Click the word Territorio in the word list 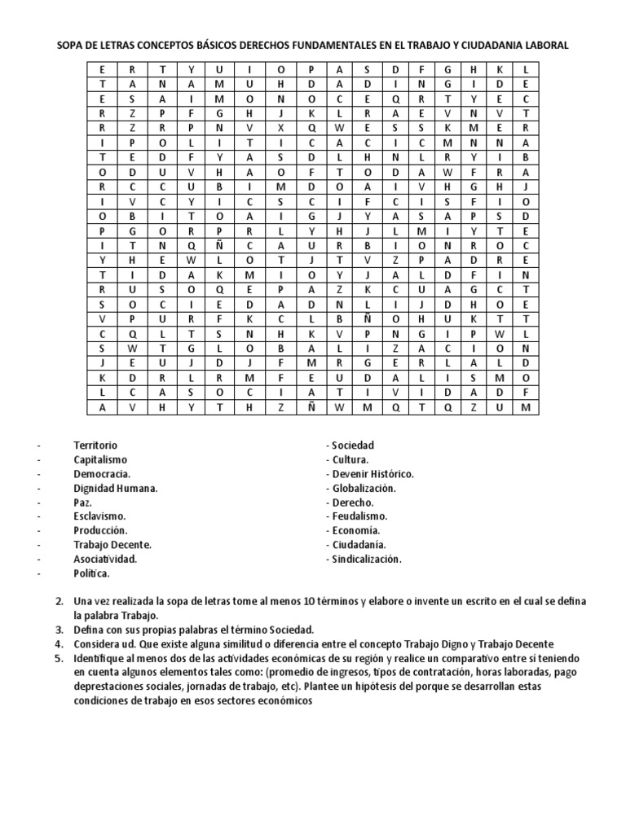[95, 446]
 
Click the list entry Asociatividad [105, 560]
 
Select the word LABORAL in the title [544, 46]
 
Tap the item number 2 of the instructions [59, 601]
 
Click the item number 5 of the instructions [59, 657]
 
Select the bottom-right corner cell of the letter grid [526, 406]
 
